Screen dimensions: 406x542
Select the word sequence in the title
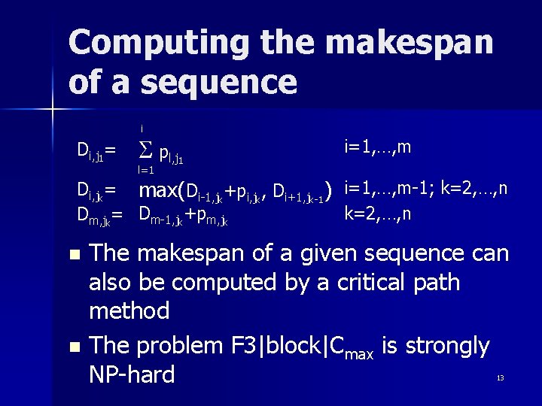coord(218,81)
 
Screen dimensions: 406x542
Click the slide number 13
coord(500,377)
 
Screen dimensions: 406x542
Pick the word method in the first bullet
coord(129,310)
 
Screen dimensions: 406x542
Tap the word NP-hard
coord(132,374)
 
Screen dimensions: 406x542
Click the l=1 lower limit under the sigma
coord(146,171)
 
